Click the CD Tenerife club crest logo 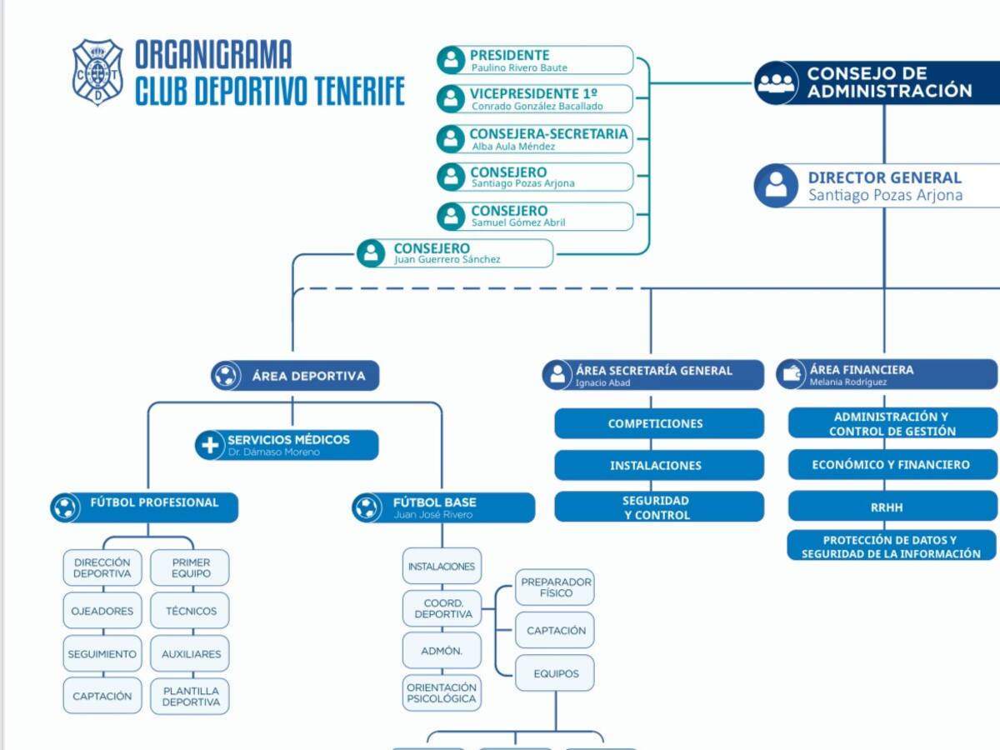pos(97,72)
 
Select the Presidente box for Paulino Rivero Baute pos(535,60)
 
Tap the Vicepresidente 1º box pos(535,98)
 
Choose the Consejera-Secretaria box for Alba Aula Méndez pos(535,138)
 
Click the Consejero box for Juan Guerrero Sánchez pos(456,253)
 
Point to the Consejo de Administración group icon pos(776,83)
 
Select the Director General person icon pos(776,185)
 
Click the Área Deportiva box pos(295,376)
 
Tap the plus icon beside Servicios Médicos pos(209,445)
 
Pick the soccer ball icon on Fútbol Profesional pos(64,507)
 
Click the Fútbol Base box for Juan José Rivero pos(443,507)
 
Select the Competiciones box pos(658,423)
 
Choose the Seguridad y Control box pos(658,507)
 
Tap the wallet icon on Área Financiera pos(792,374)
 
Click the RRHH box pos(892,507)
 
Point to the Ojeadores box pos(102,611)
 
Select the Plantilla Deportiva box pos(190,697)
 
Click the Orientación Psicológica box pos(442,692)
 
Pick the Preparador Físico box pos(555,587)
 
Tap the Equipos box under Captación pos(555,673)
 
